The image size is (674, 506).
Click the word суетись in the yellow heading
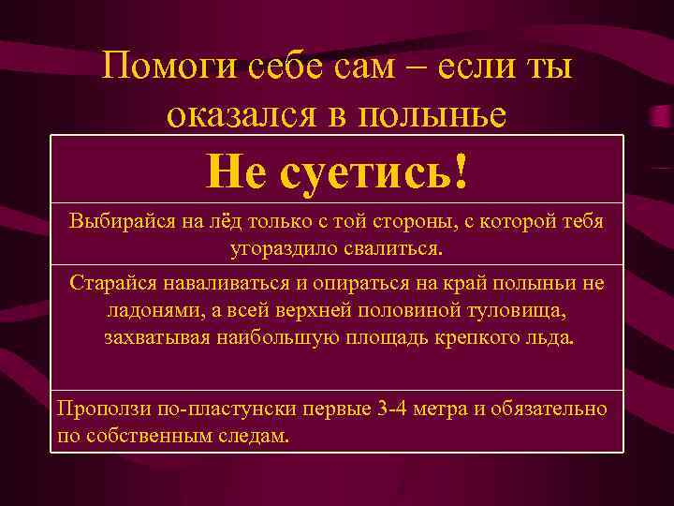(x=363, y=171)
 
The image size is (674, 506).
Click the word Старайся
(x=110, y=284)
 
